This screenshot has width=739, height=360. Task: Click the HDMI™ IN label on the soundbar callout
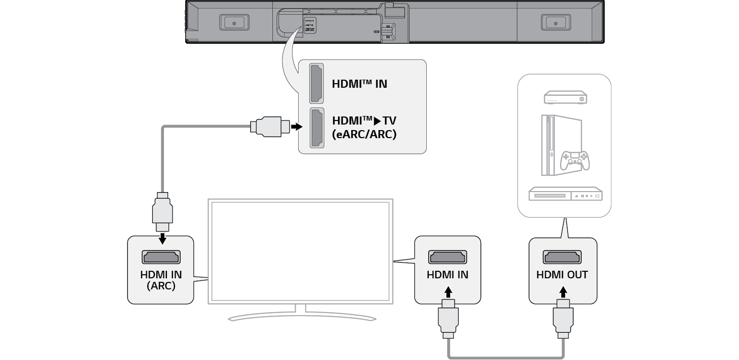click(x=359, y=84)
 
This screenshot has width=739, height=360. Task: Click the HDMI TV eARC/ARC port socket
click(x=317, y=129)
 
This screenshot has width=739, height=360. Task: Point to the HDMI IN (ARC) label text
click(x=160, y=280)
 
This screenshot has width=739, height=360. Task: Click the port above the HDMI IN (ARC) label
click(x=160, y=257)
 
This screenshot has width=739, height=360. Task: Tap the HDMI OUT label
click(x=562, y=275)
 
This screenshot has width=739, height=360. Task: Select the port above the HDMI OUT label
click(x=562, y=257)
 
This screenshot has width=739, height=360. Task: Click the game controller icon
click(x=575, y=160)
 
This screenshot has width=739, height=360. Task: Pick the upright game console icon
click(x=549, y=145)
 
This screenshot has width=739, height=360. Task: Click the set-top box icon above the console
click(x=565, y=98)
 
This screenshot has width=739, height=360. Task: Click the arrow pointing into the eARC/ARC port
click(x=296, y=126)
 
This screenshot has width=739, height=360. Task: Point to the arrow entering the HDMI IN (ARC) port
click(x=162, y=237)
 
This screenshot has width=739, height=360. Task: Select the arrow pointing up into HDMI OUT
click(x=563, y=292)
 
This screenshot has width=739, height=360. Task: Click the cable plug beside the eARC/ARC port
click(x=269, y=126)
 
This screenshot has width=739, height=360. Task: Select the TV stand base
click(x=301, y=317)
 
